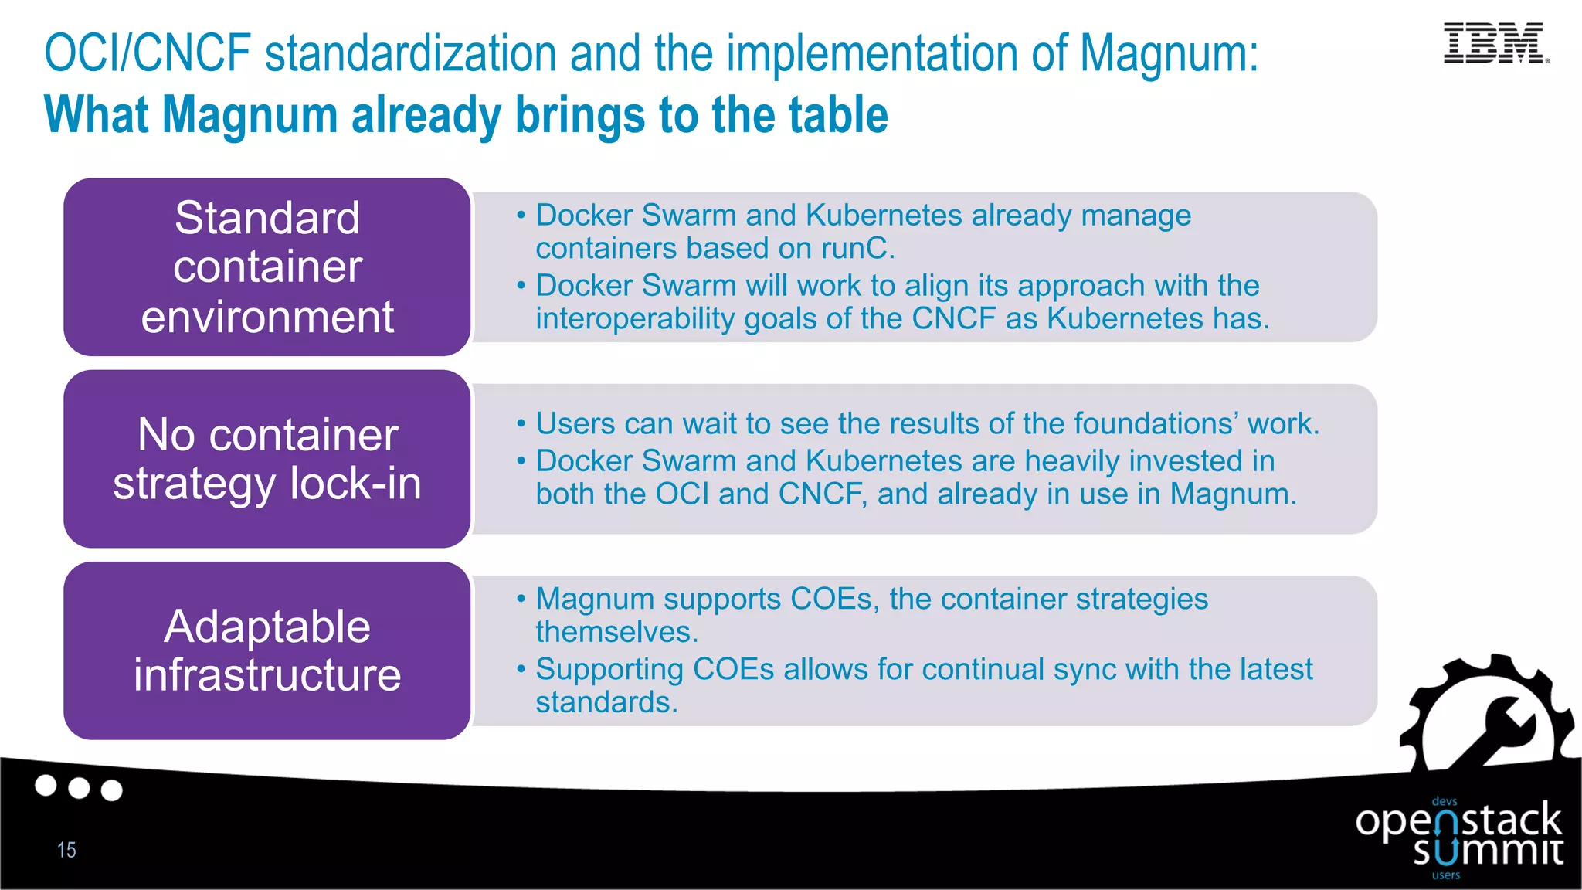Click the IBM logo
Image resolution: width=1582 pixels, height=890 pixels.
(1495, 43)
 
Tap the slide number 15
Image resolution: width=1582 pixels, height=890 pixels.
(66, 850)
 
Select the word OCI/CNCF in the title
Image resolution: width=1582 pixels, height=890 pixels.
(148, 54)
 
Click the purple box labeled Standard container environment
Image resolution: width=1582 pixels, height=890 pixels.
(267, 267)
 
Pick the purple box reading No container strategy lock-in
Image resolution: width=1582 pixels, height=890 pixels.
(267, 459)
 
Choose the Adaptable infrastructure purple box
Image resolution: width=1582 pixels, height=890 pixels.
(267, 651)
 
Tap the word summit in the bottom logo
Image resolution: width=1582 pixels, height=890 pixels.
(1488, 851)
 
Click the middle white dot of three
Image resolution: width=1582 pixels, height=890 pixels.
(79, 788)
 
